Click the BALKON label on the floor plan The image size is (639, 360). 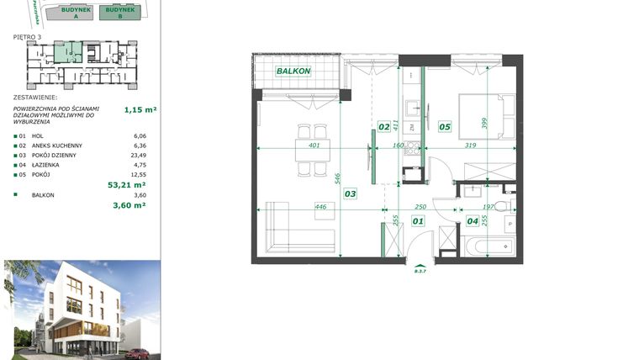pos(294,71)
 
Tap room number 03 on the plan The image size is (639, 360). pos(350,193)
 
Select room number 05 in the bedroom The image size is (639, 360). pos(445,127)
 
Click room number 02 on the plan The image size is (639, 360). pos(383,127)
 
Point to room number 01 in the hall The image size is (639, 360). pos(417,221)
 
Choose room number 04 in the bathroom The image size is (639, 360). pos(473,221)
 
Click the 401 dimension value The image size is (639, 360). pos(314,146)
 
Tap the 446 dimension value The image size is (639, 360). pos(320,206)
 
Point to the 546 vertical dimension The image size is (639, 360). pos(337,178)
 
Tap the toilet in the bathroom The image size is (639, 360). pos(502,206)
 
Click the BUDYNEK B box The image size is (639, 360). pos(120,12)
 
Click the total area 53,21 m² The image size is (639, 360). pos(127,184)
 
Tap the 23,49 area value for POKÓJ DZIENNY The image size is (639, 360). pos(140,155)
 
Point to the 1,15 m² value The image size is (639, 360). pos(140,109)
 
